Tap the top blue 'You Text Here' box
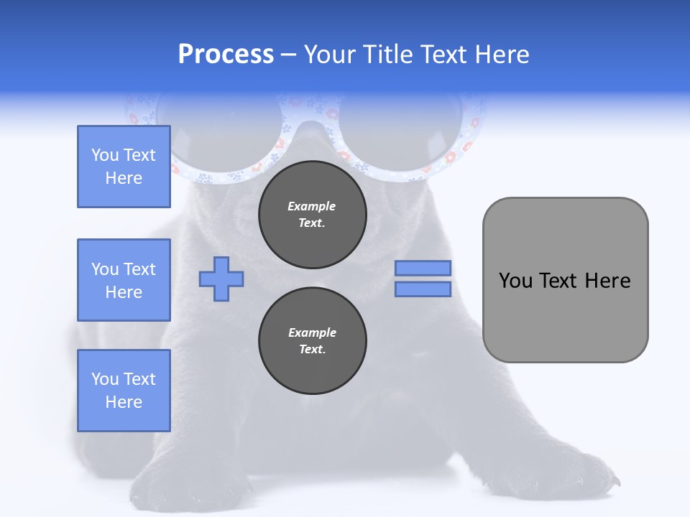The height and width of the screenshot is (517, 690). tap(124, 167)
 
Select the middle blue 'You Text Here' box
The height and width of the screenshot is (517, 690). tap(124, 280)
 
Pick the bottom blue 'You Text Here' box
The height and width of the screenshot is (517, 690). tap(124, 390)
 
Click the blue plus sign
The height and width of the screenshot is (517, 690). tap(221, 279)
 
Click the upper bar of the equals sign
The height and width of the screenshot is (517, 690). tap(423, 268)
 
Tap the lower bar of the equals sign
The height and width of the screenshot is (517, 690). tap(423, 289)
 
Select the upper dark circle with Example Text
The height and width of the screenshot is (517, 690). tap(312, 214)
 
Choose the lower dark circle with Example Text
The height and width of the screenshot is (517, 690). tap(312, 340)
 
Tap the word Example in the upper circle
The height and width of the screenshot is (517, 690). tap(312, 206)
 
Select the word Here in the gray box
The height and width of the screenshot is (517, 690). tap(608, 281)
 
